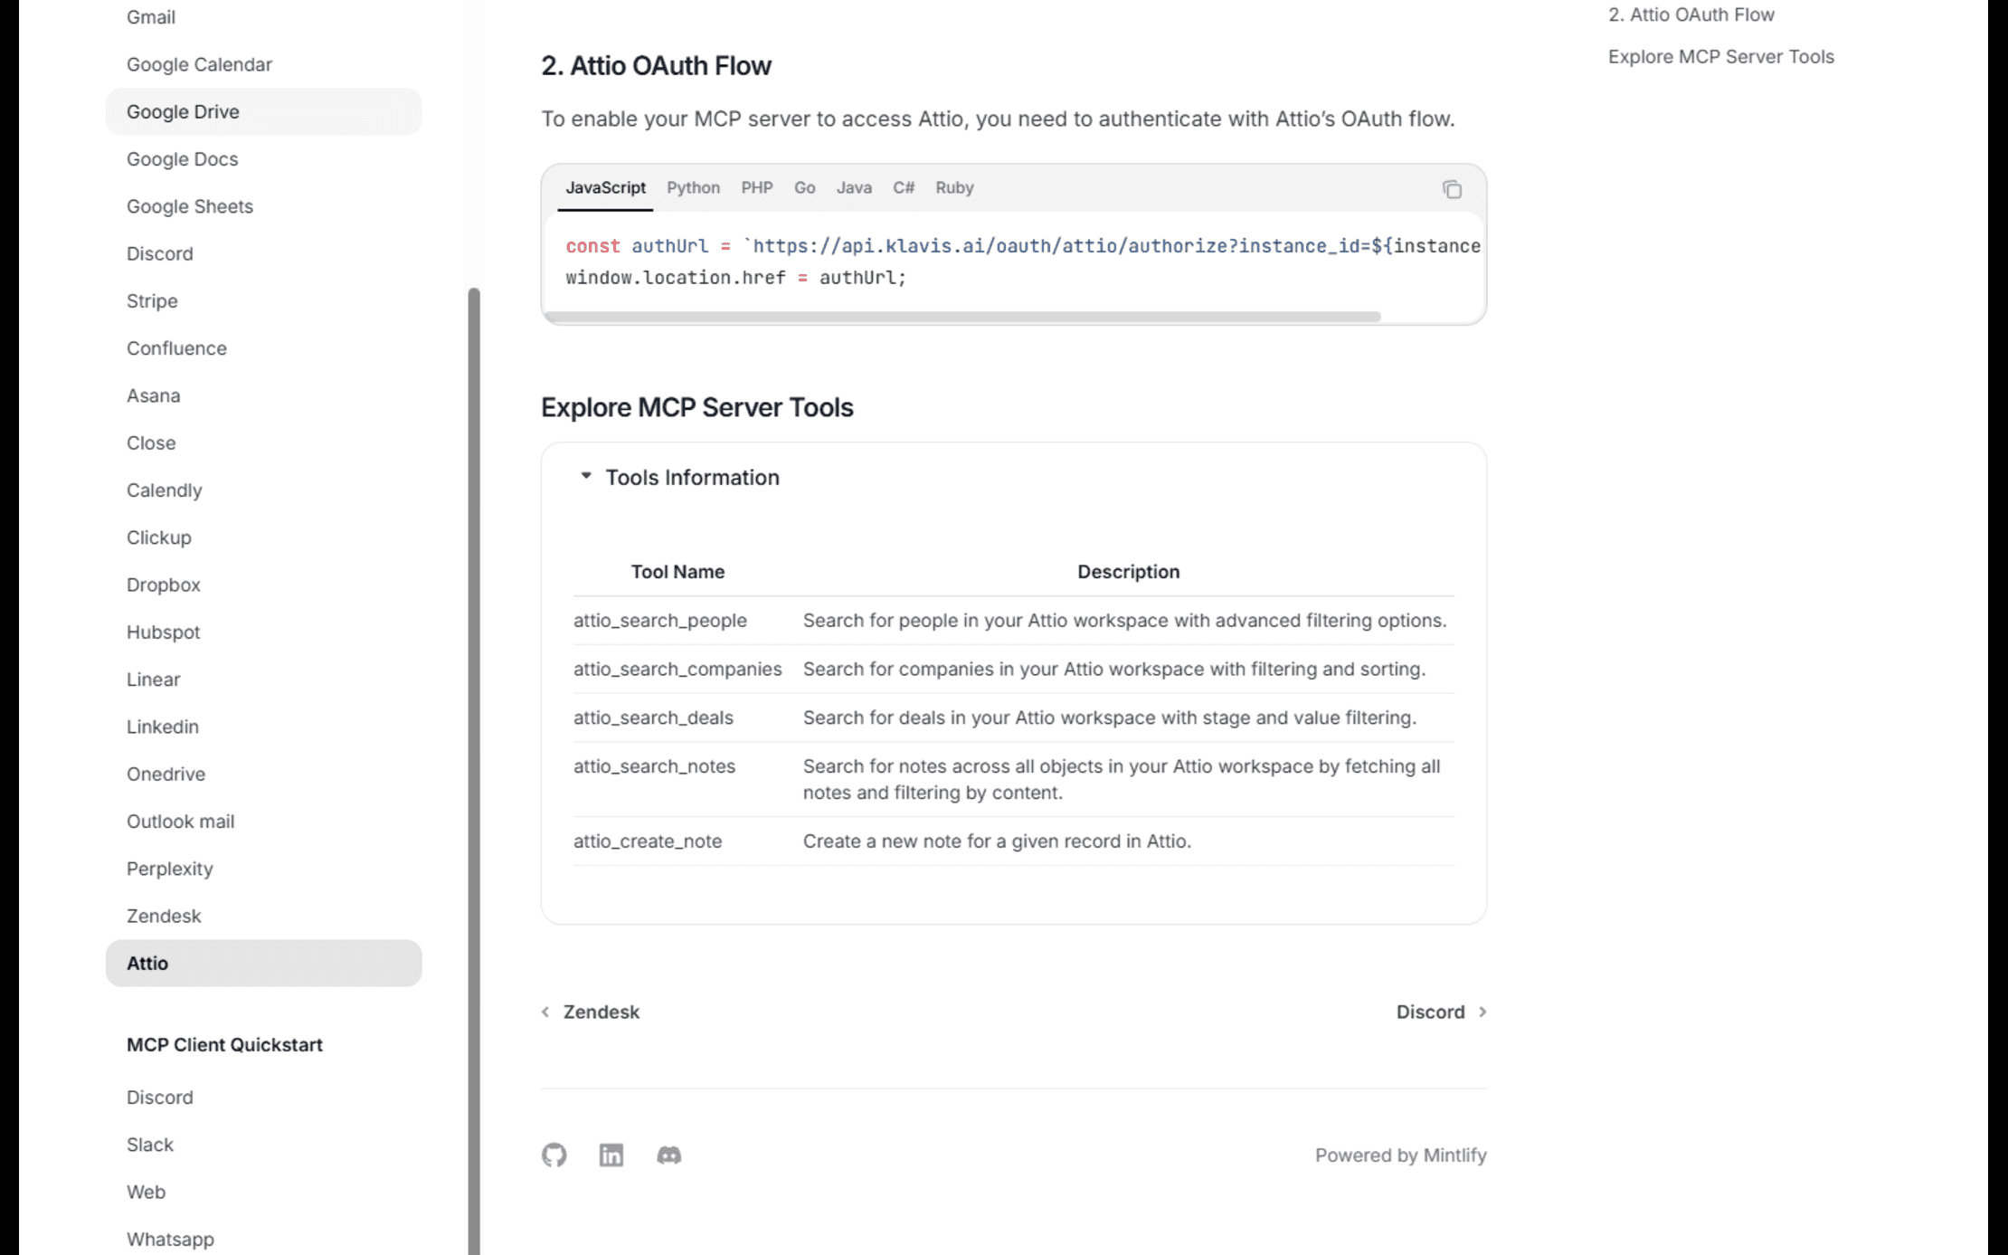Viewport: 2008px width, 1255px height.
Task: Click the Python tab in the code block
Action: point(693,187)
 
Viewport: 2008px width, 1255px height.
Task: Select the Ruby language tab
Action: point(954,187)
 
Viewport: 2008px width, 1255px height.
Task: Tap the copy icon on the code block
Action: point(1452,189)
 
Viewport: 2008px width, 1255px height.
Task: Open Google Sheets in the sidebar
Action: point(190,206)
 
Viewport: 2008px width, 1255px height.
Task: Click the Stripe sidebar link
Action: point(152,300)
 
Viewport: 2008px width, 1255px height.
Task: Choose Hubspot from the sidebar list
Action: point(163,632)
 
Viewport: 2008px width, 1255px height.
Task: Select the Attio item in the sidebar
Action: point(147,963)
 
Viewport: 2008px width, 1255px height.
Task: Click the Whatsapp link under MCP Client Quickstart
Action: point(170,1239)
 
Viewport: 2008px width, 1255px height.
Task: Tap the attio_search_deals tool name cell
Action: point(653,718)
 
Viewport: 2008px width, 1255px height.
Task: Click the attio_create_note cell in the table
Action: point(648,841)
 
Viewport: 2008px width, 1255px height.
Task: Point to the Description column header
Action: point(1128,572)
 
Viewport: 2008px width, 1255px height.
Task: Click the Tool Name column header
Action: point(677,572)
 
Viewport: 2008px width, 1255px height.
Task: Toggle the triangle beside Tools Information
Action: point(586,476)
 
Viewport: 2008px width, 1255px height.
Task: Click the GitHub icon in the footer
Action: point(554,1155)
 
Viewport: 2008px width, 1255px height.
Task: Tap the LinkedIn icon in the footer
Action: point(611,1155)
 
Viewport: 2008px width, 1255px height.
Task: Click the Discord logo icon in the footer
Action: point(668,1155)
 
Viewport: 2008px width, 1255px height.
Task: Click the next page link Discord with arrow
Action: point(1441,1012)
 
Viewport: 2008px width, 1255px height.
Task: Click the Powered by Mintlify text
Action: point(1400,1155)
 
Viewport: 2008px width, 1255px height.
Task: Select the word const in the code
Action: point(592,246)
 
